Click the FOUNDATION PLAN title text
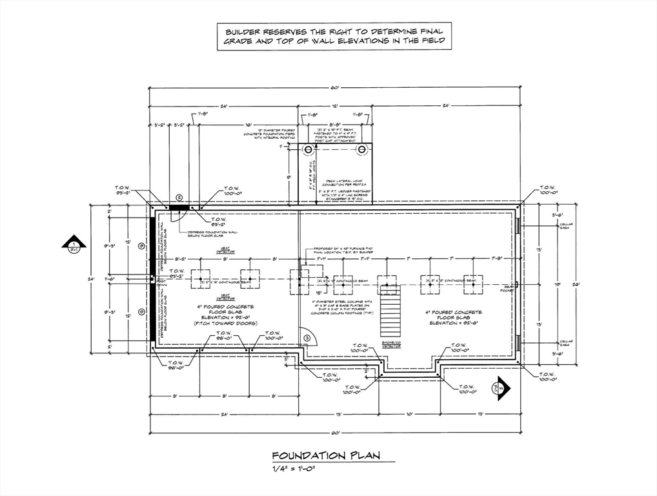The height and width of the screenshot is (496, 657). (325, 455)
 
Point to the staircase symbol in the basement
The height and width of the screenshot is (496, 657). (389, 314)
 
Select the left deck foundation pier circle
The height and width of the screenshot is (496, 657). (308, 150)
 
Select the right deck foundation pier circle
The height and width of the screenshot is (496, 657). (363, 150)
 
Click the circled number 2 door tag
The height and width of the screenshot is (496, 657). (179, 198)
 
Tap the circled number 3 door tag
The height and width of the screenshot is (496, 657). (308, 336)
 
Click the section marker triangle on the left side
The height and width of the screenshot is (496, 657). (74, 244)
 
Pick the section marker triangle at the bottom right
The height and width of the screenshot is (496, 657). (500, 389)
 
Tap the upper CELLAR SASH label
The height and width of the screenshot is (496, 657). (566, 225)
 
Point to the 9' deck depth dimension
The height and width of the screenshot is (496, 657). (288, 176)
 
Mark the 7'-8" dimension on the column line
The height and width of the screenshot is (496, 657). (497, 258)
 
